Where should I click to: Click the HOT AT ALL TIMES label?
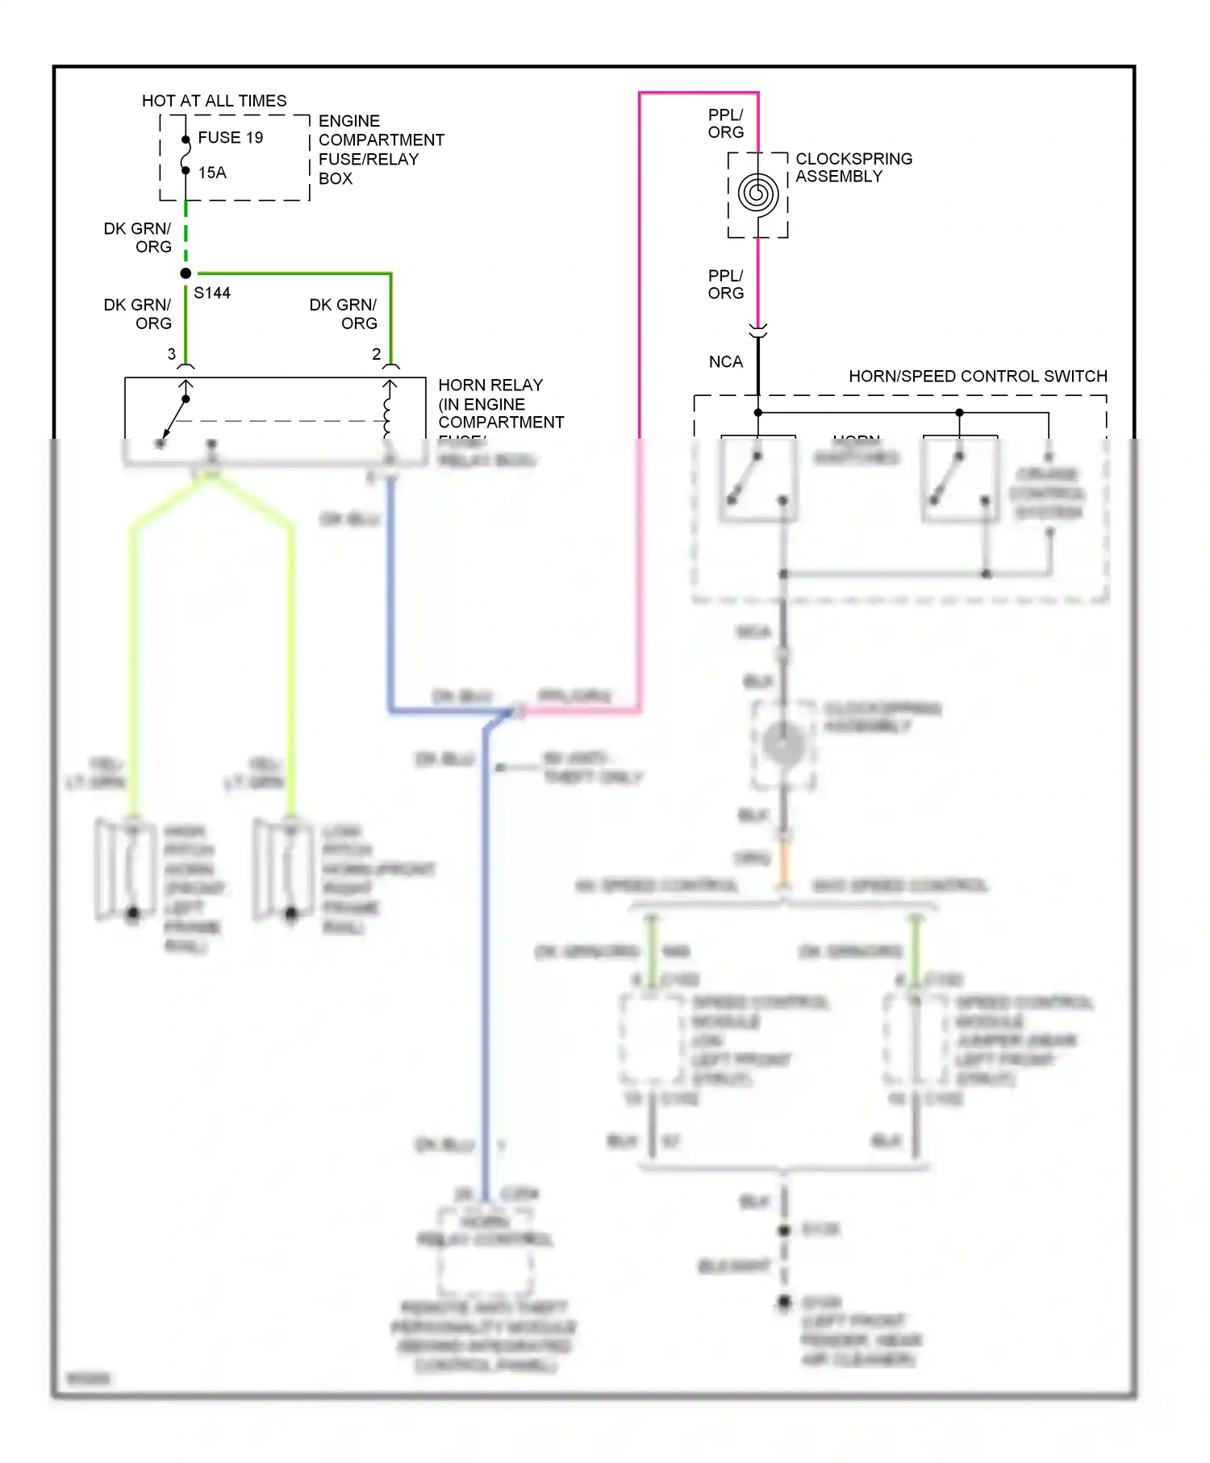214,101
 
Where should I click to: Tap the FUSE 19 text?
230,138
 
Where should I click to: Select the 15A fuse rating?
212,173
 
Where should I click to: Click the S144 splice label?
212,293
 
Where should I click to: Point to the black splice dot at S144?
186,273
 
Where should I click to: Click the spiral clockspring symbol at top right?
757,194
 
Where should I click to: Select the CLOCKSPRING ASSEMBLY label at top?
853,168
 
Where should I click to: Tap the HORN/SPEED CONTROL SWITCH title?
978,376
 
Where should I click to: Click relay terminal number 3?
172,354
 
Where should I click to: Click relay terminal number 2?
377,354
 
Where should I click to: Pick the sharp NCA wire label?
725,362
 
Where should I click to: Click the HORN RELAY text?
490,386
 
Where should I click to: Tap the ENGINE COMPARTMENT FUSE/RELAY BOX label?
380,149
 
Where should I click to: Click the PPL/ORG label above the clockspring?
725,123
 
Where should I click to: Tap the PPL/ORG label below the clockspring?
725,285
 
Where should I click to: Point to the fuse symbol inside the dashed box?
186,156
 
